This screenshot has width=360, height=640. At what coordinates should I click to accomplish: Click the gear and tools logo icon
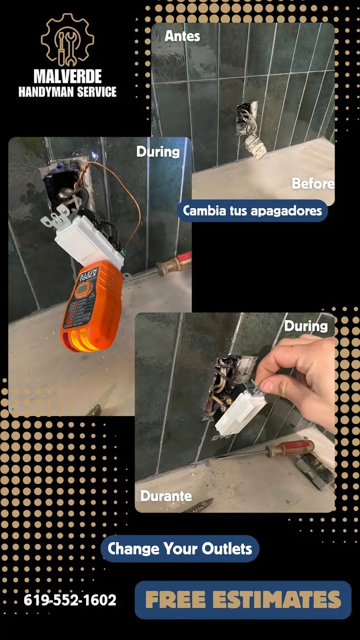click(67, 40)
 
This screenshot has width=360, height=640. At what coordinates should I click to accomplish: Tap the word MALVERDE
click(68, 76)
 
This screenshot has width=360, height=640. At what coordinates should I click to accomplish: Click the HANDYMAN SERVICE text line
click(67, 92)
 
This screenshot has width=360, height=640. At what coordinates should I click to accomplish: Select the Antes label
click(182, 36)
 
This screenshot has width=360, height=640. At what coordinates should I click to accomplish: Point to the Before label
click(313, 183)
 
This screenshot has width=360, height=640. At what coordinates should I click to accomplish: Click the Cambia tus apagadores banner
click(252, 211)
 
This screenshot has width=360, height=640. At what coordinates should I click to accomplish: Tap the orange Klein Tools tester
click(91, 306)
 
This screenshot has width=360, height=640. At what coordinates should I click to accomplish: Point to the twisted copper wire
click(82, 175)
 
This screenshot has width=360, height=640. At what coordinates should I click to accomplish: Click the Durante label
click(166, 496)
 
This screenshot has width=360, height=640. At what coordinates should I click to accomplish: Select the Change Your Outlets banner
click(180, 548)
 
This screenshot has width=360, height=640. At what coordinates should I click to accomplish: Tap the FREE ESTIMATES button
click(243, 599)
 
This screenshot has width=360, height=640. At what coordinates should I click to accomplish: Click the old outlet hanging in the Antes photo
click(255, 145)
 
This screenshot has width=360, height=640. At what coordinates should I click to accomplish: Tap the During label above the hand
click(306, 326)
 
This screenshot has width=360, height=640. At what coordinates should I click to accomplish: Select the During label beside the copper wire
click(158, 152)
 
